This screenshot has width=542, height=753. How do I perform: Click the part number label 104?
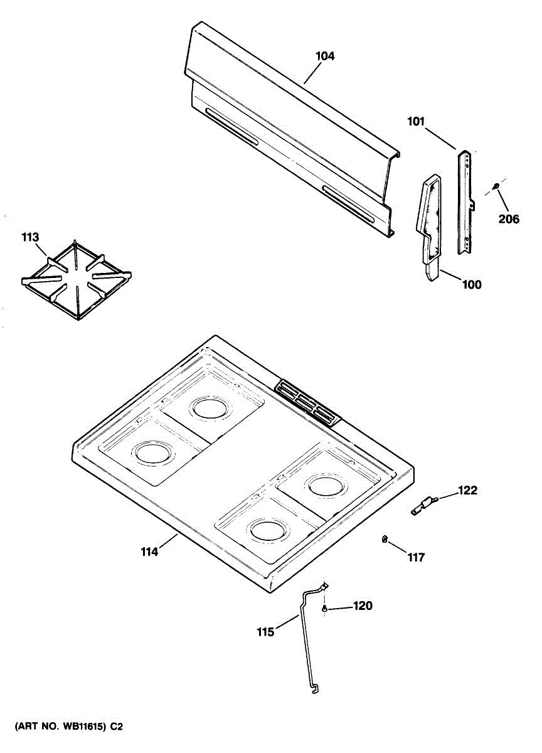[325, 56]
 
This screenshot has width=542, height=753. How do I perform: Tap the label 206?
[509, 219]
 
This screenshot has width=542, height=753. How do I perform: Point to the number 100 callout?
[472, 285]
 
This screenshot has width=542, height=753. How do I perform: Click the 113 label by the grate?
[30, 237]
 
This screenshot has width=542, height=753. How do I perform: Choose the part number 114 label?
[149, 552]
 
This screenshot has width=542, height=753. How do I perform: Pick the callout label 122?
[467, 490]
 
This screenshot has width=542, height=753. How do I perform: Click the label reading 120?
[363, 606]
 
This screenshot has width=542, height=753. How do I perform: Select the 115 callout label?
[265, 632]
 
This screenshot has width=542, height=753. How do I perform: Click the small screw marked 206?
[496, 185]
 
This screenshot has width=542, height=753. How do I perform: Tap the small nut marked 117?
[383, 540]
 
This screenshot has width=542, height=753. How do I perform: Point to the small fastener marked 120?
[324, 609]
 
